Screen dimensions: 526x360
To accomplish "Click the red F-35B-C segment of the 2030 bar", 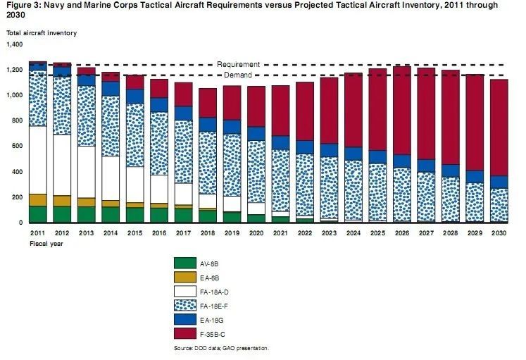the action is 499,128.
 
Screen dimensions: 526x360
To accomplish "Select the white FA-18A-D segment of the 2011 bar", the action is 38,160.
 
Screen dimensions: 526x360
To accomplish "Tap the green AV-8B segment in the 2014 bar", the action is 111,215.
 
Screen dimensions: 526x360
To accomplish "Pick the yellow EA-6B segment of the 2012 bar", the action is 62,201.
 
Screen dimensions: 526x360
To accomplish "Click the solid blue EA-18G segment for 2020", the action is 256,134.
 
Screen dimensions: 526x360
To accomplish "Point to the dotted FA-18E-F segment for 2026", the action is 402,195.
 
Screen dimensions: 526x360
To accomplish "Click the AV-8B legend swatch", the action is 184,263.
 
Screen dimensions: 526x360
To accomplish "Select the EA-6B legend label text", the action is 209,278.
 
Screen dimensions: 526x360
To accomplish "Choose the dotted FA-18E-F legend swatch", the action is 184,306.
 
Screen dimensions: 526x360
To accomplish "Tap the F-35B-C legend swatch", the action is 184,334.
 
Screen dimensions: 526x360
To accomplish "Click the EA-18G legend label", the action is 211,321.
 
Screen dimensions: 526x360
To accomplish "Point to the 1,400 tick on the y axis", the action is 14,44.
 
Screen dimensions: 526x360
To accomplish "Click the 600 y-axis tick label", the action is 18,146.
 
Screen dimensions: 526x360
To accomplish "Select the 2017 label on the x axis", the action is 183,233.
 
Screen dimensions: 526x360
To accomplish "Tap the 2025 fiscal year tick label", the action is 377,233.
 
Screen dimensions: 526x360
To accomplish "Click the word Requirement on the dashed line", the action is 238,64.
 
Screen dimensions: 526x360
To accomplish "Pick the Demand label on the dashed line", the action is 238,75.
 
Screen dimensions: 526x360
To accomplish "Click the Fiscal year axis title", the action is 46,244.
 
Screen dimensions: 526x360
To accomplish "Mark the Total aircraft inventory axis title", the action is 42,33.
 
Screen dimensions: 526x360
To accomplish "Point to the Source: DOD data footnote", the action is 221,348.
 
